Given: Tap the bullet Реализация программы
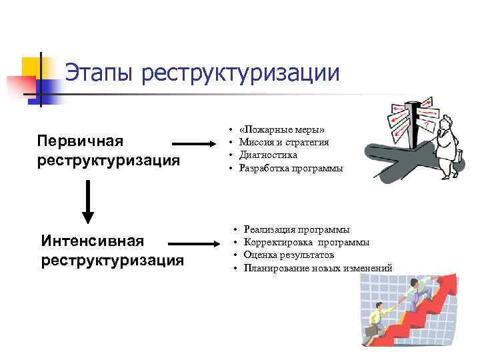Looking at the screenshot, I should click(x=296, y=229).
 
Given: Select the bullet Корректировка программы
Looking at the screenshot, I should click(x=307, y=242).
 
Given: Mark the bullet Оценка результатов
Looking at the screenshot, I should click(x=289, y=255).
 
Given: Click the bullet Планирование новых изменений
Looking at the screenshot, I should click(x=318, y=269).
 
